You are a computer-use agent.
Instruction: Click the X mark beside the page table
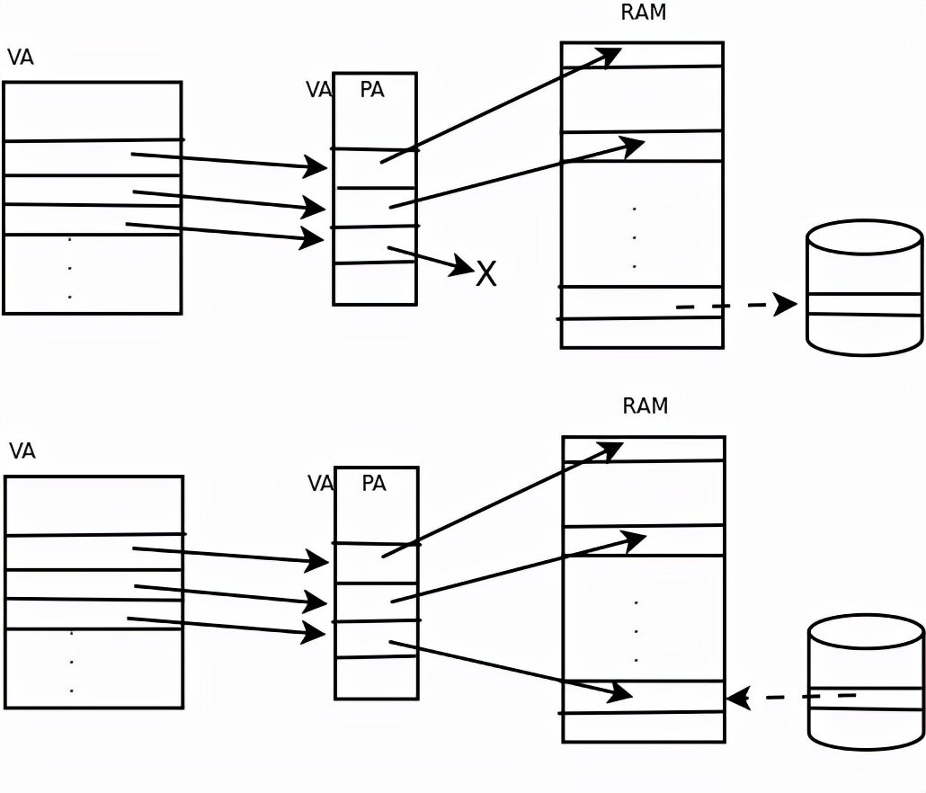485,273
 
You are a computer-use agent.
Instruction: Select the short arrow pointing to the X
430,258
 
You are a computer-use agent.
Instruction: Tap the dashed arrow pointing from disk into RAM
791,697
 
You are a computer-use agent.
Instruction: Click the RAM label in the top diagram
644,13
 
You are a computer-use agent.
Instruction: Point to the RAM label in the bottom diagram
646,405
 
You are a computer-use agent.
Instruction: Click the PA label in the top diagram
372,90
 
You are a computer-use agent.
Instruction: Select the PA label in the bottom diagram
374,484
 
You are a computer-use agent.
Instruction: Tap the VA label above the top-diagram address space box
21,58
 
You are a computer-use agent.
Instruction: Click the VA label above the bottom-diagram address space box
22,451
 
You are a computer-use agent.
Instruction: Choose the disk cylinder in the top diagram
864,288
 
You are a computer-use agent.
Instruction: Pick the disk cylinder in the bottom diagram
866,682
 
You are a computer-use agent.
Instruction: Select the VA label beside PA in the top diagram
318,90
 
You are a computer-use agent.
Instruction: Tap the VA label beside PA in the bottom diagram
320,484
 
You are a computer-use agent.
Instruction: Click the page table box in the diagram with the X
375,189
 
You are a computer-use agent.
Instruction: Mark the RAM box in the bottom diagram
643,589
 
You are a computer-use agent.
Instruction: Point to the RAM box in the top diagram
642,194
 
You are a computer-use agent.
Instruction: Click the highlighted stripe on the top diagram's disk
864,304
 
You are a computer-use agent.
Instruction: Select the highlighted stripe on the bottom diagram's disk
867,699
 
